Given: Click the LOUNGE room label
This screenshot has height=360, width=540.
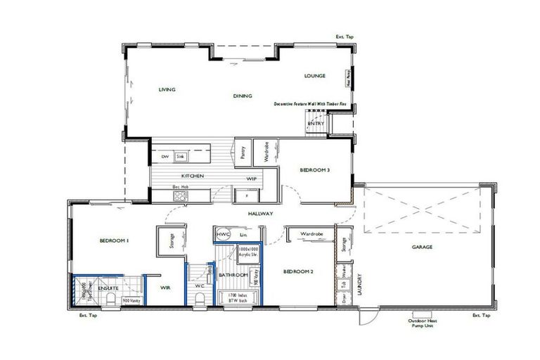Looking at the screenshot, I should click(x=314, y=75).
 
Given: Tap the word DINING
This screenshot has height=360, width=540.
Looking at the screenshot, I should click(x=243, y=96).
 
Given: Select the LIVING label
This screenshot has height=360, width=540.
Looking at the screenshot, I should click(x=167, y=90).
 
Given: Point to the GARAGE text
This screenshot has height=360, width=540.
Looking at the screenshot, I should click(x=422, y=247).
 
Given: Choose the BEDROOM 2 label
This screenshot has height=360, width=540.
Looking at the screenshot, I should click(x=297, y=271).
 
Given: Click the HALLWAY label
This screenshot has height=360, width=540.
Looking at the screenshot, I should click(x=260, y=213).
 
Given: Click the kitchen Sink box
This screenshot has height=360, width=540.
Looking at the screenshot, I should click(x=180, y=156).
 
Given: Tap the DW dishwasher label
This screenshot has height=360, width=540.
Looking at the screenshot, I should click(x=165, y=156).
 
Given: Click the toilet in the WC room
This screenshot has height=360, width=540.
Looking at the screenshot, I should click(x=201, y=298).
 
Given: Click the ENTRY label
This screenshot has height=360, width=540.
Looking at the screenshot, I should click(x=316, y=124).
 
